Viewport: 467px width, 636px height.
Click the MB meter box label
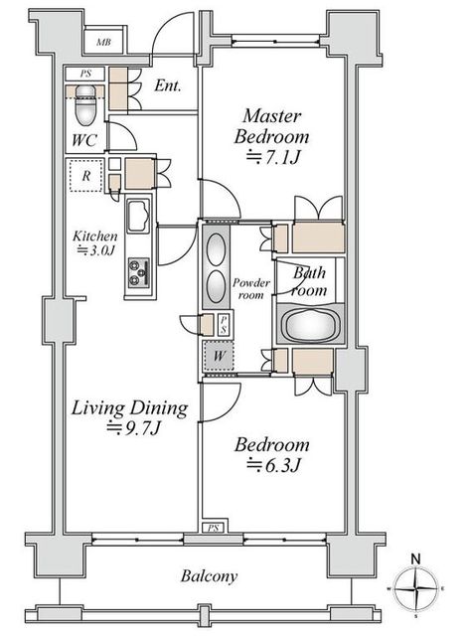[103, 42]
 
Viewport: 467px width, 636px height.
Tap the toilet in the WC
[85, 104]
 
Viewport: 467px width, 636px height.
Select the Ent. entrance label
[167, 85]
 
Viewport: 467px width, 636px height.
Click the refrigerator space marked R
[85, 176]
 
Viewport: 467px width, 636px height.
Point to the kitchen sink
[138, 216]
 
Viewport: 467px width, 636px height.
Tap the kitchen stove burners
[139, 272]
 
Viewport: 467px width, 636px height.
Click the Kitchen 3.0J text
[94, 242]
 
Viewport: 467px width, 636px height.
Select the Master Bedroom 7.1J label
[271, 136]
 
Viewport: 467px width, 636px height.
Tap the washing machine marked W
[219, 356]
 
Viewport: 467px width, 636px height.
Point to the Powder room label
[251, 288]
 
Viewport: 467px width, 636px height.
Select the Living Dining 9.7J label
[129, 417]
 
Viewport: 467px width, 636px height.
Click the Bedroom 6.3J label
[271, 454]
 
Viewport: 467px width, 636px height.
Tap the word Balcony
[210, 576]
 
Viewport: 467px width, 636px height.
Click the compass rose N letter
[416, 558]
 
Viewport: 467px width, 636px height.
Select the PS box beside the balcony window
[214, 528]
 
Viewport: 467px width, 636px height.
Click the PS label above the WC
[85, 74]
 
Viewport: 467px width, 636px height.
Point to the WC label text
[84, 140]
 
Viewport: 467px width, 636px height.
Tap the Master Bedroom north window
[275, 42]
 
